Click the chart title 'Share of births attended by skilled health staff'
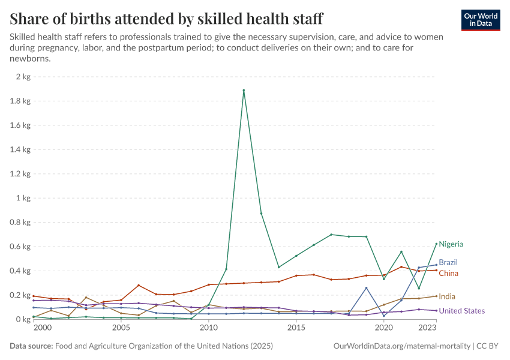click(166, 19)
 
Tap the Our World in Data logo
click(481, 20)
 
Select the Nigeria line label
click(451, 244)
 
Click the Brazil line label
click(448, 263)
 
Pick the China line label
click(448, 274)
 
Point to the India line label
click(446, 296)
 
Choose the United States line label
click(461, 311)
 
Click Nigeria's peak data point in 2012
click(244, 91)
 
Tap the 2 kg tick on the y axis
click(22, 77)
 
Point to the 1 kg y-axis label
click(22, 198)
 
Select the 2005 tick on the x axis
click(121, 329)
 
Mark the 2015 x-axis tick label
click(296, 329)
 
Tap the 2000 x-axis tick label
click(42, 329)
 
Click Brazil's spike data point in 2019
click(366, 288)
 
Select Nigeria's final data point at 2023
click(436, 244)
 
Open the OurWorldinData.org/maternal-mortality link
click(401, 346)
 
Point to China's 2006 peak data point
click(139, 286)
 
